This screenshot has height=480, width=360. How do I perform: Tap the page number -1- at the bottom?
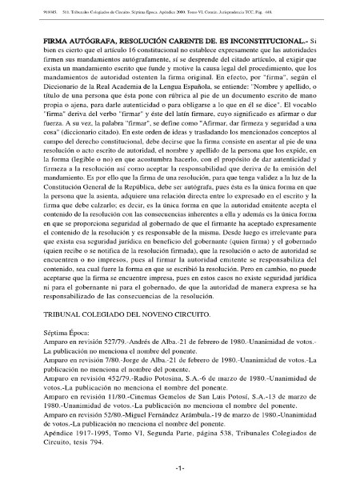click(181, 466)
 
